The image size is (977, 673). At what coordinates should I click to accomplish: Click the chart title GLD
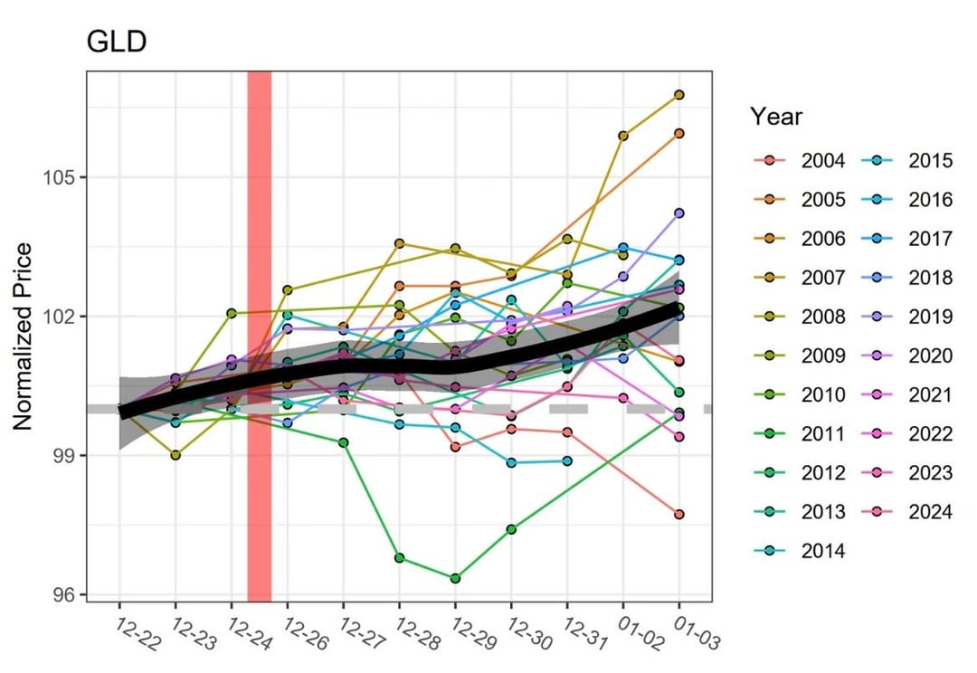coord(116,43)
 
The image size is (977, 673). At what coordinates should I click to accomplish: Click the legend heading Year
coord(775,117)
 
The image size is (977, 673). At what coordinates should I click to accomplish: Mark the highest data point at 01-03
coord(678,95)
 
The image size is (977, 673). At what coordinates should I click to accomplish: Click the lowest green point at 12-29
coord(455,578)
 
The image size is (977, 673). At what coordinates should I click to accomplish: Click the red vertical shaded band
coord(260,336)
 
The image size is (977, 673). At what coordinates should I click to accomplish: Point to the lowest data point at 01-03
coord(678,514)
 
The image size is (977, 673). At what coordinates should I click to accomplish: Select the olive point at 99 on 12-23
coord(175,455)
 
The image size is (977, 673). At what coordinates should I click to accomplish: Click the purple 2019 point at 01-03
coord(678,213)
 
